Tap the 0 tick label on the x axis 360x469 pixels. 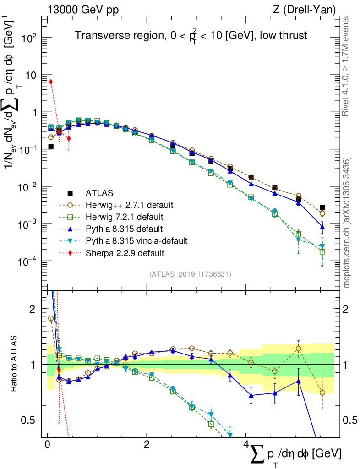point(47,445)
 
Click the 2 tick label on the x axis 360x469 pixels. point(146,445)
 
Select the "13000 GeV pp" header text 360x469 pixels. point(83,9)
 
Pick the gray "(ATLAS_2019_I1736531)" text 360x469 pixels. point(190,274)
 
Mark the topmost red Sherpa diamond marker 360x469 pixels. point(51,82)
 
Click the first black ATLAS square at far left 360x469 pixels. point(51,147)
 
